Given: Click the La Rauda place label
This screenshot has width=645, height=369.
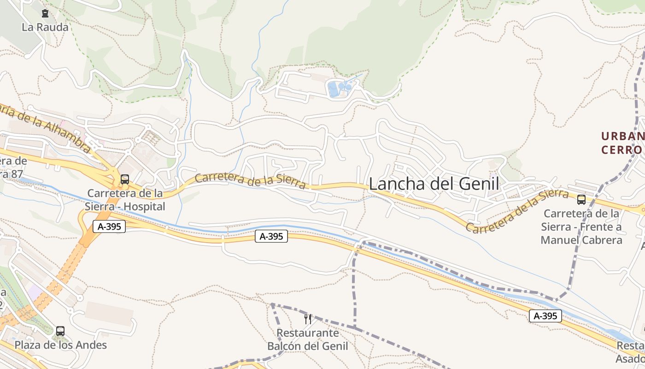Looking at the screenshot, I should coord(45,27).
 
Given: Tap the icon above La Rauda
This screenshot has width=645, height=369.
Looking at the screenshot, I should coord(45,14).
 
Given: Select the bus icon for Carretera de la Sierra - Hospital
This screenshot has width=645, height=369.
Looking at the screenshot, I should coord(124,179).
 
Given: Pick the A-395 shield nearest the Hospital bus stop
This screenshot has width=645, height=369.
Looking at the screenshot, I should coord(109,226).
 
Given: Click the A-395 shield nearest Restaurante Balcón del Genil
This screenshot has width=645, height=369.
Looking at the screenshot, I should coord(271,237).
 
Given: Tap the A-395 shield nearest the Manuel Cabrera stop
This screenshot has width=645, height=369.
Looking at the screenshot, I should coord(545,316).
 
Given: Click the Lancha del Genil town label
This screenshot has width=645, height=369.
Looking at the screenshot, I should coord(434,184).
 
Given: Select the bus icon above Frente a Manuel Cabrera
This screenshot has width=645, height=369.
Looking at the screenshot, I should coord(581,200).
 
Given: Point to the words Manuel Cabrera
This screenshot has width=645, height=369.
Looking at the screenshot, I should coord(581,240).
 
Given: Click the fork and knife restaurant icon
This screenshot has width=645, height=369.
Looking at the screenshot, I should coord(308,319).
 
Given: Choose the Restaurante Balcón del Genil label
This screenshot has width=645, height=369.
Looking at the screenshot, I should coord(308,339).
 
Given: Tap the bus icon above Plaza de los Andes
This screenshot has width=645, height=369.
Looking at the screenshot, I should coord(60,331).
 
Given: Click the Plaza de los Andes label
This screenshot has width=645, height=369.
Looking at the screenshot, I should coord(61,345).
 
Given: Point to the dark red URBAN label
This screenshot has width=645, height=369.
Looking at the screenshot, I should coord(622,137).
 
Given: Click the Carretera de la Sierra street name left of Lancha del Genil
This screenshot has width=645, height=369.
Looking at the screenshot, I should coord(250,180).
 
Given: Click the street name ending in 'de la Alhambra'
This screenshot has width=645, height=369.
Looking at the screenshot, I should coord(46,127).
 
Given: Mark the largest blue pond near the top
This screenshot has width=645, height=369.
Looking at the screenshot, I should coord(333,89).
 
